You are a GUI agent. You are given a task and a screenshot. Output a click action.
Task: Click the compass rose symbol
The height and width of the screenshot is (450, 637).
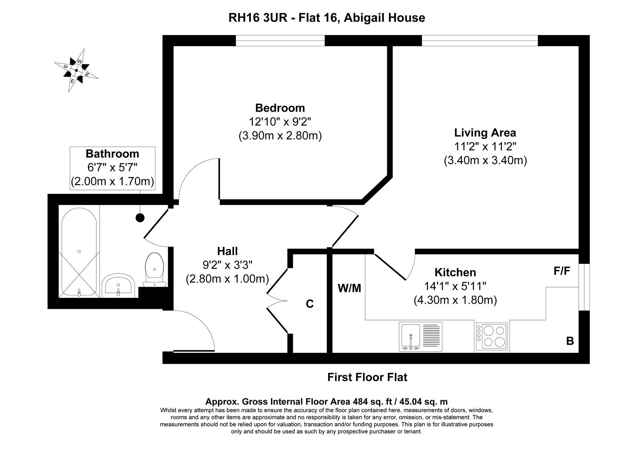coord(76,70)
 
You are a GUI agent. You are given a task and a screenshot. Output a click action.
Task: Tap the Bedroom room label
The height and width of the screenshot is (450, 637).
coord(280,108)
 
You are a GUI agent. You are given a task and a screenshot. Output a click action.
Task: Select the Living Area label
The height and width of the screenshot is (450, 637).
coord(485,133)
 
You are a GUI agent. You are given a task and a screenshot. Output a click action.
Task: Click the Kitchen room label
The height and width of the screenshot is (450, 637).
coord(455,272)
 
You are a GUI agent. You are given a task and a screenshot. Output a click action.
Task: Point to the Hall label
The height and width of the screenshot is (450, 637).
coord(227,251)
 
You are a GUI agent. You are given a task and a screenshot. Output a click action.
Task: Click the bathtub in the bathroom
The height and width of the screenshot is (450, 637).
coord(79,251)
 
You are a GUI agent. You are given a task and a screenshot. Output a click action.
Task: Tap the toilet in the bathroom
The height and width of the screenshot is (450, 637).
coord(154,269)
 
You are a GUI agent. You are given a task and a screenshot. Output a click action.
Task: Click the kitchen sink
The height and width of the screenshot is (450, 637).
coord(420,337)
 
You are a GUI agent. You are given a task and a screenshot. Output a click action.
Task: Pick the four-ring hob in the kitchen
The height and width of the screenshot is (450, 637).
coord(492,336)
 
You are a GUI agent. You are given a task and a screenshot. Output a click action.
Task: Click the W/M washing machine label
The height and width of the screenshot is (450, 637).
coord(349,288)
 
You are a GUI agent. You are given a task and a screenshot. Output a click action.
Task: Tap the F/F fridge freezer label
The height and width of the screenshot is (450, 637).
coord(562,271)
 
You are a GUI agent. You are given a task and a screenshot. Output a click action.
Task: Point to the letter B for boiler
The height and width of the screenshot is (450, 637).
coord(570,341)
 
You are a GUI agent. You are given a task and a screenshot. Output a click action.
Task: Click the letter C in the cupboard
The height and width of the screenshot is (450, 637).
coord(310,304)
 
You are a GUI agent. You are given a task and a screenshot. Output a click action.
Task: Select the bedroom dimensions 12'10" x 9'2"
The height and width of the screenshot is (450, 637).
coord(280,122)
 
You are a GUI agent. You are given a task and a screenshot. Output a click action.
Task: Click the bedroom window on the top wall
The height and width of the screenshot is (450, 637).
coord(280,40)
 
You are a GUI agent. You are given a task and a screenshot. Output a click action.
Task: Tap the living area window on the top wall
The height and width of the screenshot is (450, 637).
coord(479,40)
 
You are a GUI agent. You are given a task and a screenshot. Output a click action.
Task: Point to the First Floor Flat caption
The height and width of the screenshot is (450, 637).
coord(367,377)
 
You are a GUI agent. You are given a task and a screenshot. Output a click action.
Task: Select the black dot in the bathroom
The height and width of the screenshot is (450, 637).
coord(140,217)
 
